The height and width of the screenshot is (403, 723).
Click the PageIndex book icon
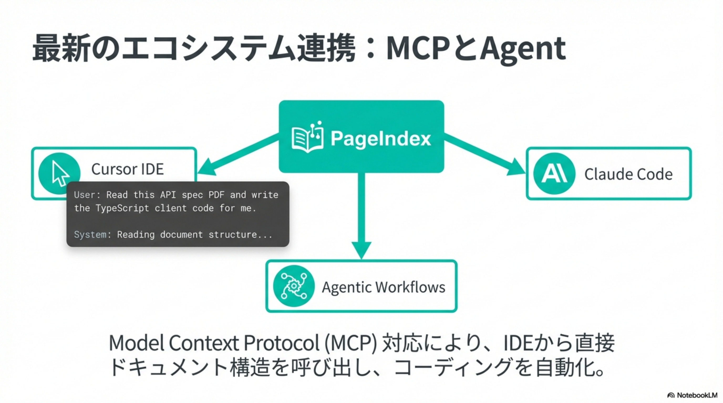pos(307,137)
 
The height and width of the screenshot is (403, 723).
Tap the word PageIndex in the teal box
pos(381,138)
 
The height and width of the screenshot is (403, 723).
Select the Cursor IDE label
pos(127,169)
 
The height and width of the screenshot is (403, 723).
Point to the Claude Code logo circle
pos(554,173)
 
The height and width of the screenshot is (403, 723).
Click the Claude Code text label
pos(628,174)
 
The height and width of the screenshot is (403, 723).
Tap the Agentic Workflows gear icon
pos(293,286)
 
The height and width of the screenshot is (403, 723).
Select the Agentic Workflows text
pos(383,287)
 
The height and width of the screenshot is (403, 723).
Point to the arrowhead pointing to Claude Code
pos(516,168)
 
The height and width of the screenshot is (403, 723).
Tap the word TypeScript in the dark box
pos(122,208)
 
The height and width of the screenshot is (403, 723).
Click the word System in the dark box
pos(90,234)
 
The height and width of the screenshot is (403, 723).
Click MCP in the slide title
pos(419,49)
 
